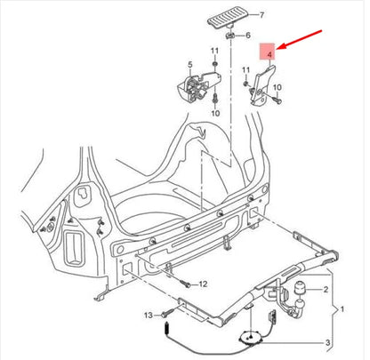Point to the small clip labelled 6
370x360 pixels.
pyautogui.click(x=230, y=36)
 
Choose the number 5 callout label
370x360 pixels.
pyautogui.click(x=189, y=65)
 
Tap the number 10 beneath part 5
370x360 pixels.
pyautogui.click(x=213, y=114)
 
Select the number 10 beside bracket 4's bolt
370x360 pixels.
pyautogui.click(x=278, y=87)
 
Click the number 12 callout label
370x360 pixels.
pyautogui.click(x=203, y=284)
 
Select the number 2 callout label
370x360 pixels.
pyautogui.click(x=326, y=291)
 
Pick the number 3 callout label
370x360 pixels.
pyautogui.click(x=326, y=342)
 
